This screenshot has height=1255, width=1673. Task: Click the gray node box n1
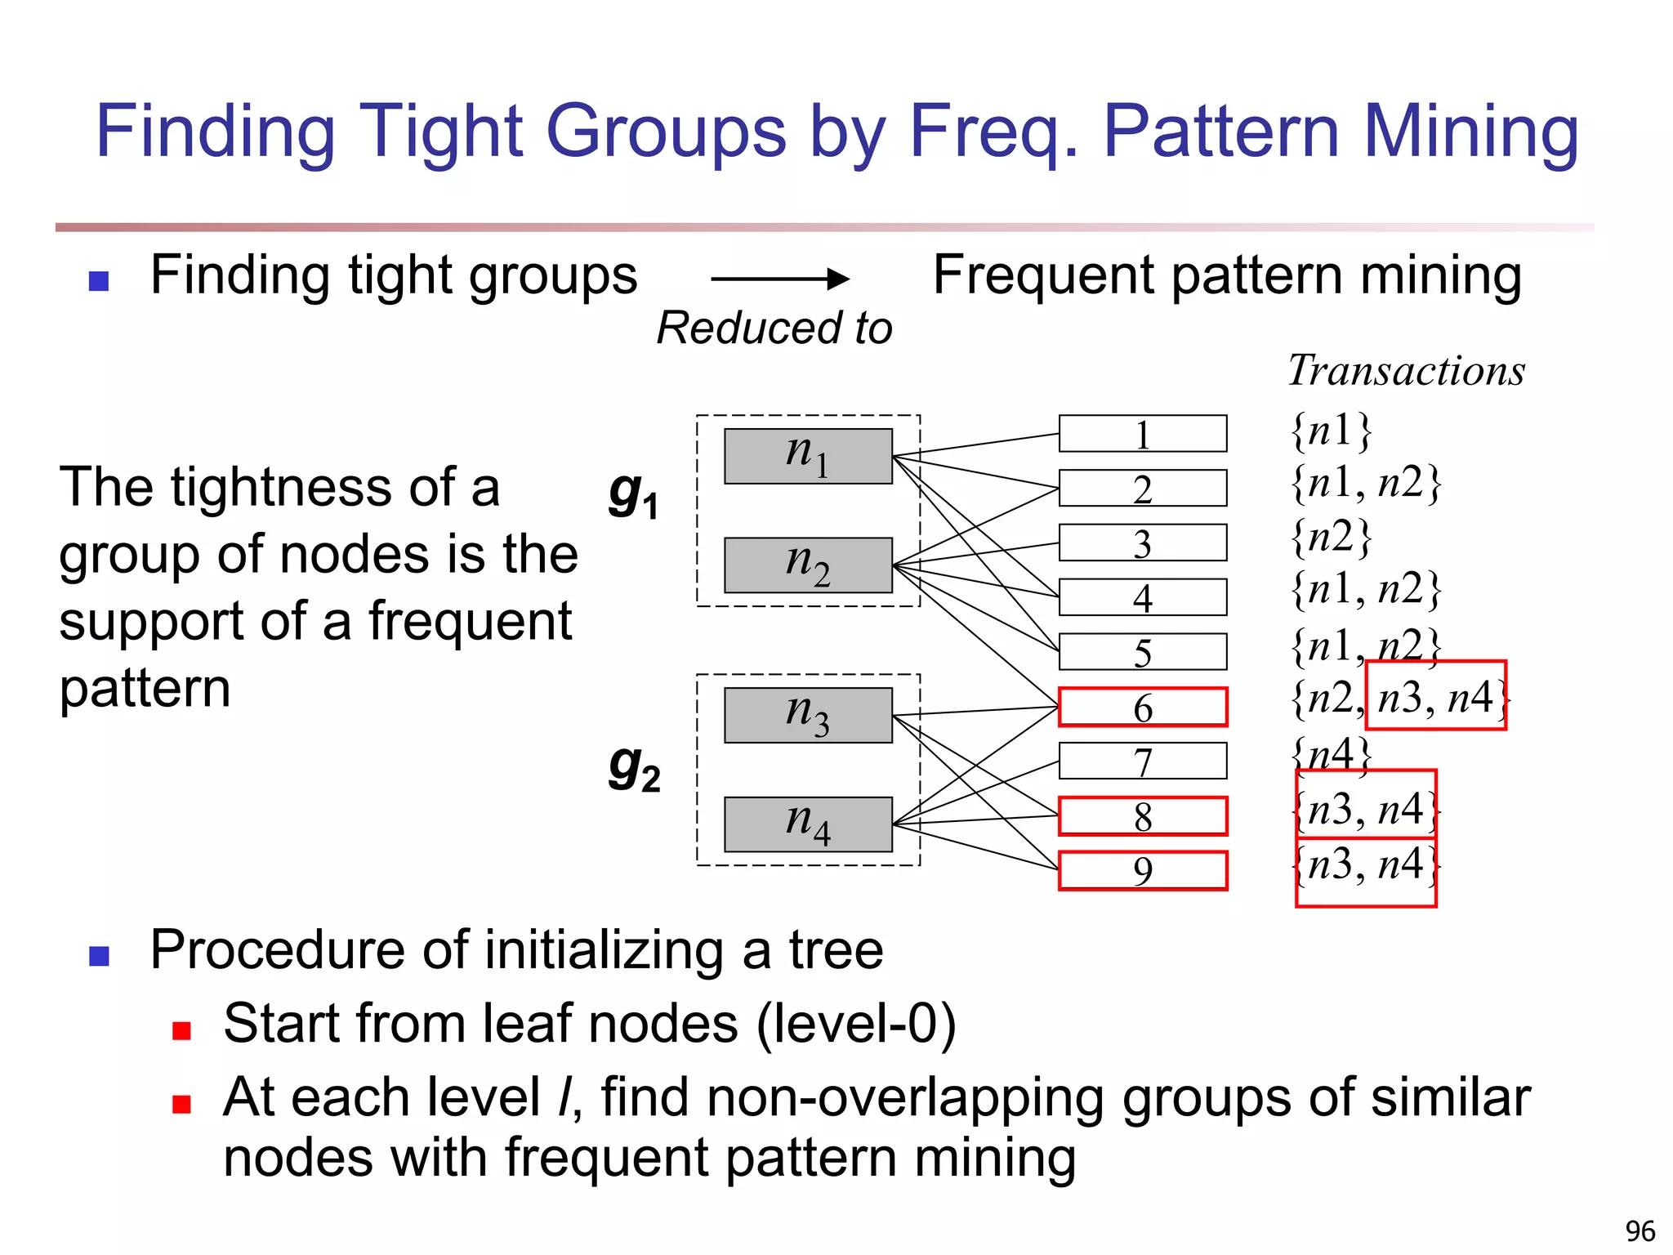point(808,456)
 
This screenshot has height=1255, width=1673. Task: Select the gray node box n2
point(808,565)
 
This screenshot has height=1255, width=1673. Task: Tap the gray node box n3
point(808,715)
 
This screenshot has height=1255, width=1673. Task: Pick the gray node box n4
point(808,824)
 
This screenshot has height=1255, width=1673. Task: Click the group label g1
point(633,495)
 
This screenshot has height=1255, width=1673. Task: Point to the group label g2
point(634,769)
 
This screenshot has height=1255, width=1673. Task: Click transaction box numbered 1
point(1142,434)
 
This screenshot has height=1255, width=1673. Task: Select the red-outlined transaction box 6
point(1142,707)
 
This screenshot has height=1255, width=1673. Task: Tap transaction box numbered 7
point(1142,761)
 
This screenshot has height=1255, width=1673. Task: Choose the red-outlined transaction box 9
point(1142,870)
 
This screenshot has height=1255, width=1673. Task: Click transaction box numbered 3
point(1142,543)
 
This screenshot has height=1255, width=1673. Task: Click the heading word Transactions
point(1406,371)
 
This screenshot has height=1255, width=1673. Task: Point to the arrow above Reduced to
point(779,279)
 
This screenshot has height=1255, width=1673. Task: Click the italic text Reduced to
point(774,328)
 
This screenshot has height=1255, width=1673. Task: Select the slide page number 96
point(1640,1230)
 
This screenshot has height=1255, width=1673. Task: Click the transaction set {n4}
point(1331,754)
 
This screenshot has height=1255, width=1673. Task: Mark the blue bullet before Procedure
point(99,955)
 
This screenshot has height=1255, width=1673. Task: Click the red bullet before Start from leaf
point(181,1030)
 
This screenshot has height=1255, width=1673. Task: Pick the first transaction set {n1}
point(1331,431)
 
